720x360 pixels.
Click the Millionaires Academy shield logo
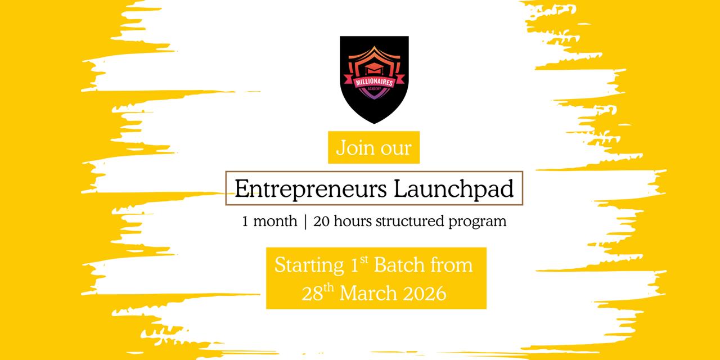click(x=374, y=79)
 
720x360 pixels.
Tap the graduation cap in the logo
click(x=374, y=69)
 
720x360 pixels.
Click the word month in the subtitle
click(x=275, y=222)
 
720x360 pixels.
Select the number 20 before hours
click(x=321, y=222)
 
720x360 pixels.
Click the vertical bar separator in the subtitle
click(x=305, y=222)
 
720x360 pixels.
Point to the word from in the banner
click(x=454, y=265)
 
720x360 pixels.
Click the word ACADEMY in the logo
click(x=374, y=91)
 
